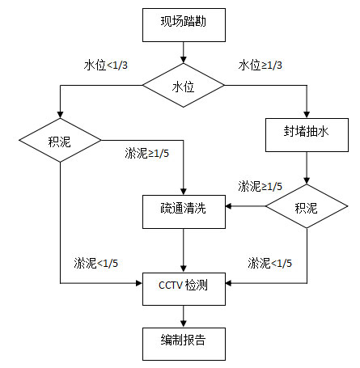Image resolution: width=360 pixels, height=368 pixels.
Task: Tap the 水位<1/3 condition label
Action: click(x=104, y=64)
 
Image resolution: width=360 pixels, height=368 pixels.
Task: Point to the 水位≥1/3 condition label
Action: click(x=260, y=64)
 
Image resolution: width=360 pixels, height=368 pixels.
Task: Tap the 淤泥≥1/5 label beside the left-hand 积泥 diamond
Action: click(x=147, y=154)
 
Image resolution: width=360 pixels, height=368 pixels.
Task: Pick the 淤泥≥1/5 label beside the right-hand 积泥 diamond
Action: click(x=260, y=186)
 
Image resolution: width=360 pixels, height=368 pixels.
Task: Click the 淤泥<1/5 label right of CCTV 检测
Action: click(x=270, y=263)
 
